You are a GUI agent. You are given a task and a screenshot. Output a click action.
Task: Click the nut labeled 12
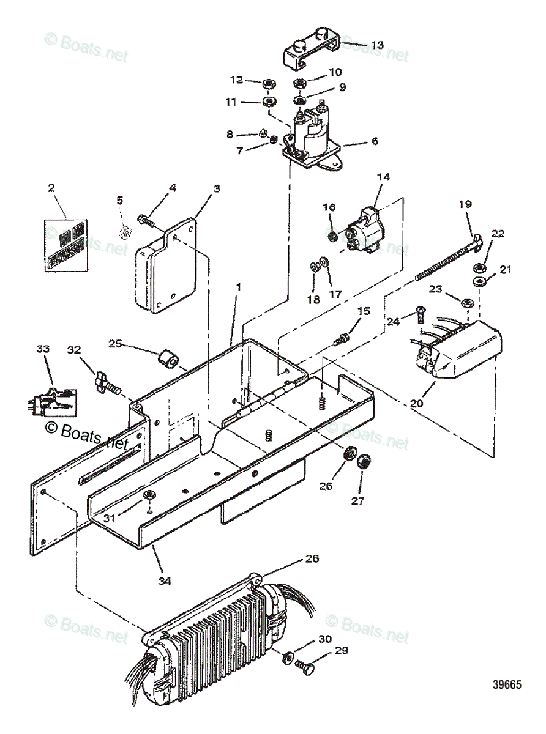(x=267, y=84)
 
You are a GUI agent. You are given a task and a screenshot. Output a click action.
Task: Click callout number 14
(x=384, y=177)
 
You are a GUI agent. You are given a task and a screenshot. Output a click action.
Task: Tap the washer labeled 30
(x=286, y=659)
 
